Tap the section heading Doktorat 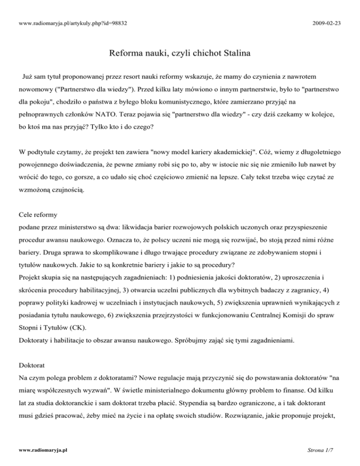click(29, 364)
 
